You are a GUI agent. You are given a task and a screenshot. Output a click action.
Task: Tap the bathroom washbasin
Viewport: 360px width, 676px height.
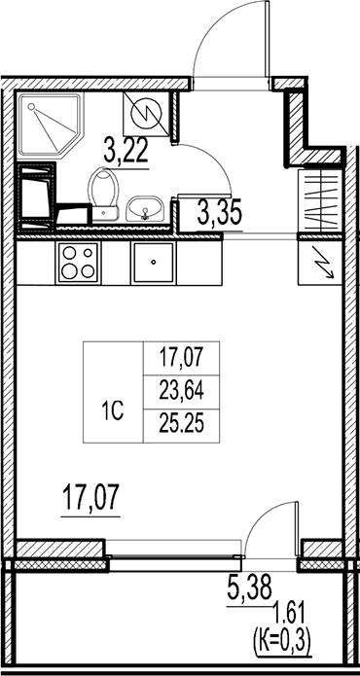pyautogui.click(x=147, y=207)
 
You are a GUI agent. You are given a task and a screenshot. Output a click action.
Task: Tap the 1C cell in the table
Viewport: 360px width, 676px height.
pyautogui.click(x=112, y=411)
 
